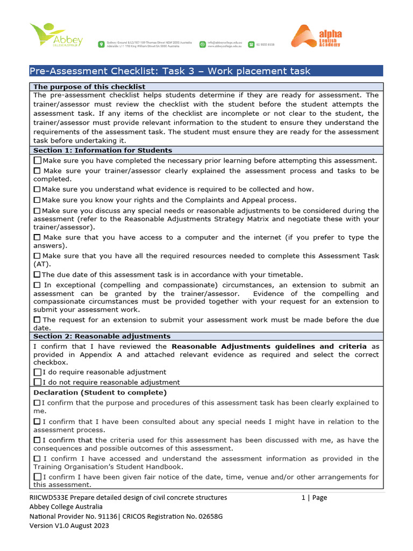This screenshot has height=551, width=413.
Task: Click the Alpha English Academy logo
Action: [x=317, y=37]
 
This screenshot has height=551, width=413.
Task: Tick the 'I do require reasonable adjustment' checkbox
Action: [x=37, y=372]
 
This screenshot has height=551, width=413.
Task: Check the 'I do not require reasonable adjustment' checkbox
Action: [x=37, y=382]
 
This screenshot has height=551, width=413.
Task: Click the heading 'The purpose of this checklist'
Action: [x=89, y=87]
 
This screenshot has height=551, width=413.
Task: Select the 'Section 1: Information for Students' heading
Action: [x=103, y=150]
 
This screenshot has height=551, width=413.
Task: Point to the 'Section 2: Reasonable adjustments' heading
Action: [x=102, y=336]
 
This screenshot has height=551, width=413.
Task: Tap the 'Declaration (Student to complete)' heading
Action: [x=100, y=392]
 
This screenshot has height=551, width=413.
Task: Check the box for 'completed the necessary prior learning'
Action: [x=37, y=160]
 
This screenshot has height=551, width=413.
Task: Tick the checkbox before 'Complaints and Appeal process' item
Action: [x=37, y=200]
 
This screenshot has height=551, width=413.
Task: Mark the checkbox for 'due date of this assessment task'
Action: [x=37, y=274]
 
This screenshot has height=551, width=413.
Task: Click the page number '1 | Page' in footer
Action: [x=314, y=498]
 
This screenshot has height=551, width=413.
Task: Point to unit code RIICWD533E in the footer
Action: [x=49, y=498]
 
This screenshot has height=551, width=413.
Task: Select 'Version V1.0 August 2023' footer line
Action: [x=69, y=526]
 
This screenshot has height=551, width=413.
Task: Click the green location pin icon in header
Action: [x=101, y=44]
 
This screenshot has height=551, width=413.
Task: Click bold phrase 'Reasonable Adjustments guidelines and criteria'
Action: [x=269, y=347]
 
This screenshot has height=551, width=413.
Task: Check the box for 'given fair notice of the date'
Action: [x=37, y=477]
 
